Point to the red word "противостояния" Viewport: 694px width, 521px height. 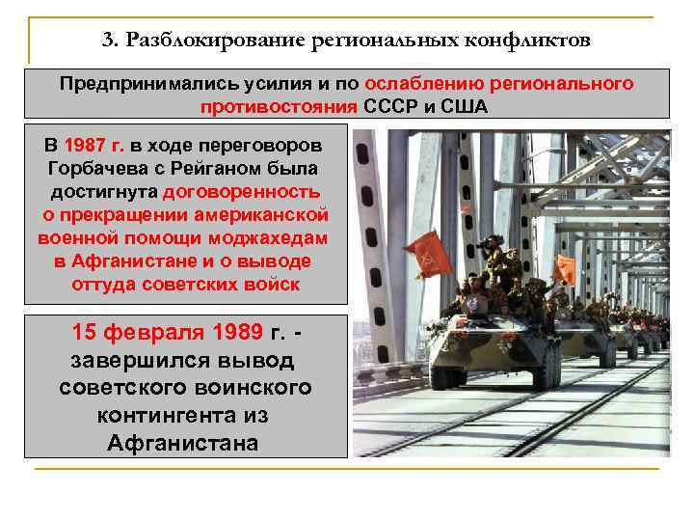[280, 106]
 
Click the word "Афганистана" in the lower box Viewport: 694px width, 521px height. [184, 443]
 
